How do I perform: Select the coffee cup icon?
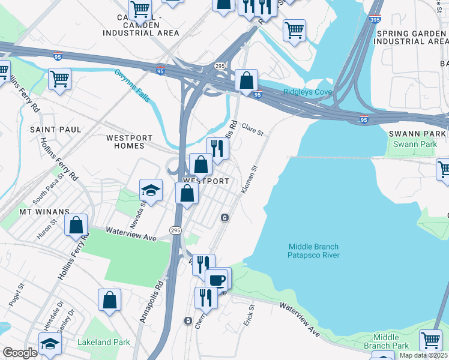coord(216,280)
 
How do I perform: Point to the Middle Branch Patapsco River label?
coord(314,251)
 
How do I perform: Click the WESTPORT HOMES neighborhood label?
coord(125,142)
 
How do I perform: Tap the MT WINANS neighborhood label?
coord(44,212)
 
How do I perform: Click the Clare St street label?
coord(253,129)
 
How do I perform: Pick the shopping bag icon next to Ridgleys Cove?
coord(246,80)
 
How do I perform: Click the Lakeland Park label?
coord(104,343)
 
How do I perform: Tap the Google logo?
coord(20,353)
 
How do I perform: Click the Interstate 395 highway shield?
coord(375,19)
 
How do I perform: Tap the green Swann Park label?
coord(415,145)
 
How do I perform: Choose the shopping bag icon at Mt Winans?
coord(76,226)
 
